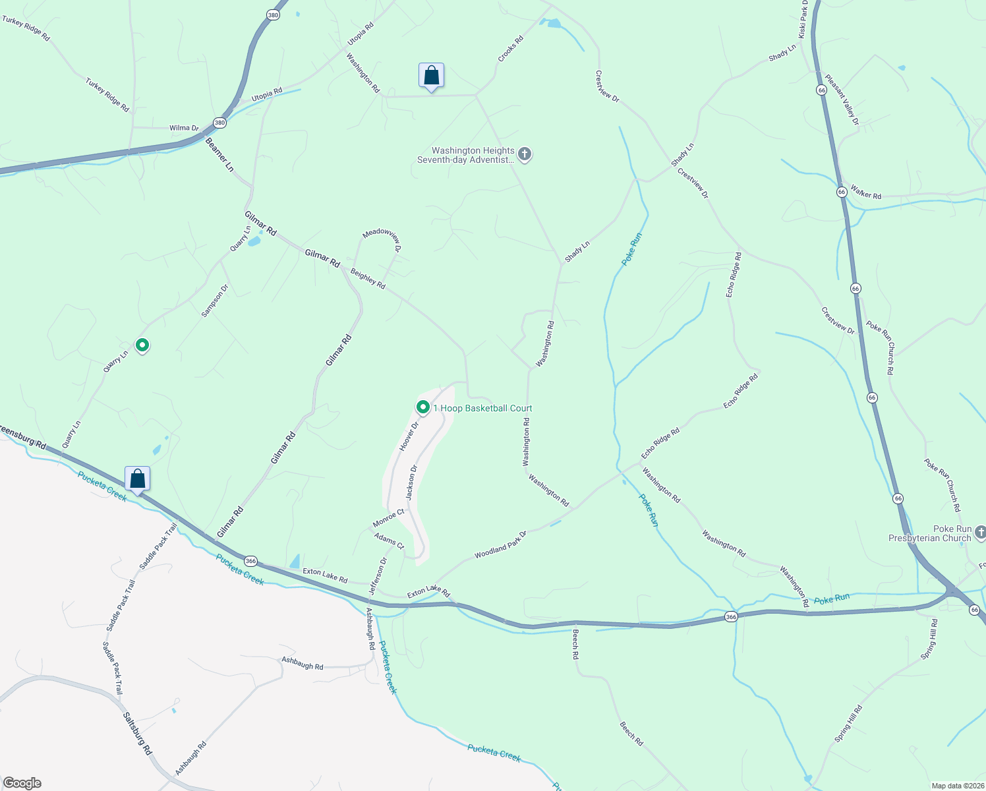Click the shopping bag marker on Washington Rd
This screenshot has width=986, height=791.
tap(431, 76)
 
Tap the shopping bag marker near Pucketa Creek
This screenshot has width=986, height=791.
tap(137, 479)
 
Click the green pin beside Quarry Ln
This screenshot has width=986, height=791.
tap(142, 345)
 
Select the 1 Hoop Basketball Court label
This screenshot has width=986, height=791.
tap(482, 409)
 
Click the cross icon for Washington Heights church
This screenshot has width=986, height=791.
tap(525, 155)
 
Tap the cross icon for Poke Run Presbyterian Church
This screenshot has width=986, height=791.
tap(980, 532)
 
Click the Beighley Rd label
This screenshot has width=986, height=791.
tap(368, 278)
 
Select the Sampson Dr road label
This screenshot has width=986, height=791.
tap(215, 301)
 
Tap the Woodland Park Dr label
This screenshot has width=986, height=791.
tap(500, 545)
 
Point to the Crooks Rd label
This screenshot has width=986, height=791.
tap(510, 49)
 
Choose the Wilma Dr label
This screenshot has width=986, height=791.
tap(184, 128)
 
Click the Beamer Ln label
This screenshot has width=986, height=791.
tap(219, 155)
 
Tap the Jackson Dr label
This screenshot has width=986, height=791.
tap(412, 483)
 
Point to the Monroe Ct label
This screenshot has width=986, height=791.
tap(388, 518)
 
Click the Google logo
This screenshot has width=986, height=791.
tap(22, 783)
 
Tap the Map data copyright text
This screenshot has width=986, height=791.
tap(957, 786)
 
